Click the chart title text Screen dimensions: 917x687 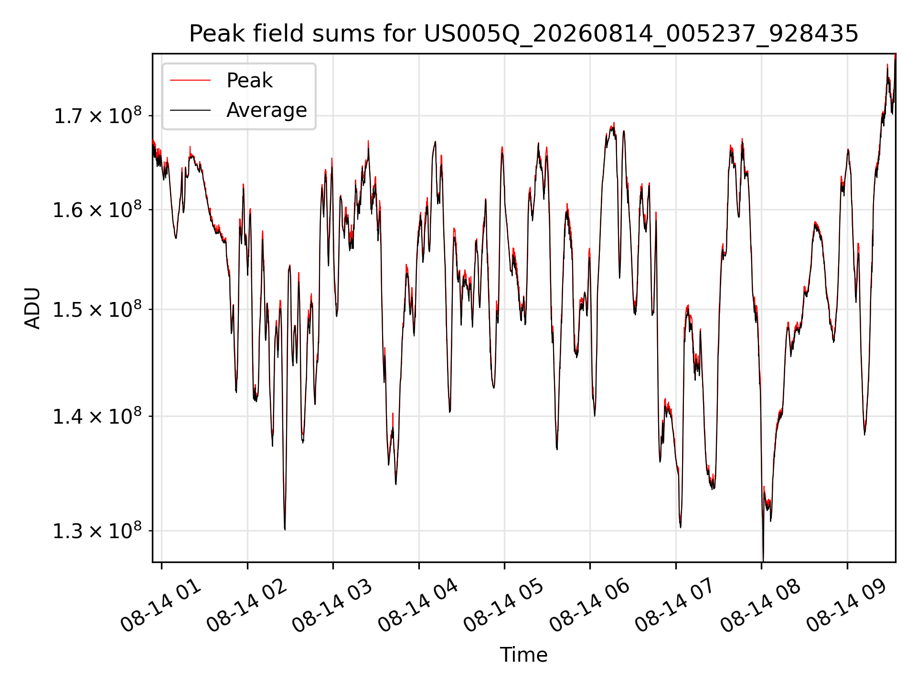(x=524, y=34)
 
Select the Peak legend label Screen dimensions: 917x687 (x=249, y=81)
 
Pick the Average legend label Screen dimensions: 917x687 (x=267, y=110)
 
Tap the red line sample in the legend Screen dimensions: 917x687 (x=190, y=81)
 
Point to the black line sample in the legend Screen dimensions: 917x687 (x=190, y=110)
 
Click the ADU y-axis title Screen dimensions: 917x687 (x=32, y=308)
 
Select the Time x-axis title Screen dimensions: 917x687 (x=523, y=655)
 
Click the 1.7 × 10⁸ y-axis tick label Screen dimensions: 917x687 (x=97, y=115)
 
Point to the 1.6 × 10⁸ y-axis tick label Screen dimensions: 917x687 (x=97, y=209)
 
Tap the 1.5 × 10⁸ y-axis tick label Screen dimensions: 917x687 (x=97, y=309)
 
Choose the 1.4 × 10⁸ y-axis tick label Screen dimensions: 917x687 (x=97, y=416)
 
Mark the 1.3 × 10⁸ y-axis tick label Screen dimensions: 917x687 (x=97, y=531)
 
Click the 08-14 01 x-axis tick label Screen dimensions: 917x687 (x=161, y=605)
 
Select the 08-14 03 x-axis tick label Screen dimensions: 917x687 (x=333, y=605)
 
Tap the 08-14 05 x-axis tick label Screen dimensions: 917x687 (x=504, y=605)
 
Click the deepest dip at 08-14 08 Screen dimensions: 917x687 (x=763, y=561)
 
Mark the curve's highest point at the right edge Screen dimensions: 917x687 (x=895, y=55)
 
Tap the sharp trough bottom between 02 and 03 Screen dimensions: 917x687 (x=285, y=529)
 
